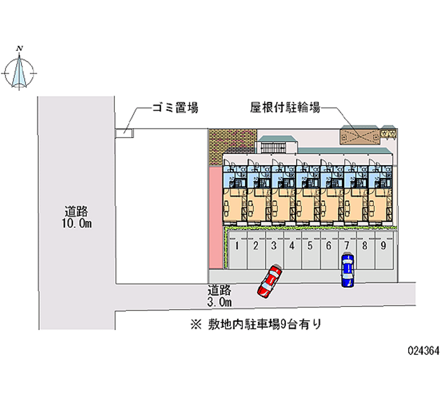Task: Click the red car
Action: (269, 281)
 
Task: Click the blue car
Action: (347, 270)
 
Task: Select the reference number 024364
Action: (422, 350)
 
